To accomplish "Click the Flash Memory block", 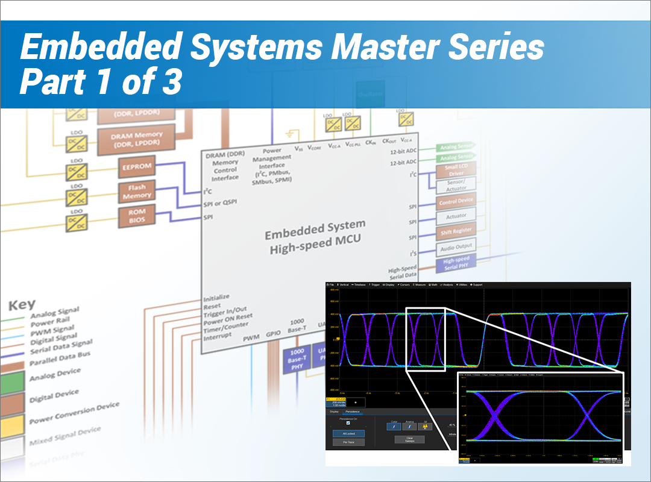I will (x=137, y=191).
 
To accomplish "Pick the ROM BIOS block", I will (x=137, y=216).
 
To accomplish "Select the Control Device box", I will (x=456, y=201).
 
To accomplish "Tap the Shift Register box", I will (x=456, y=230).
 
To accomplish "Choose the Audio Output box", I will (x=456, y=246).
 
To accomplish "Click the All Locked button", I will (x=348, y=433).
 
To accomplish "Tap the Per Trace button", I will (x=348, y=442).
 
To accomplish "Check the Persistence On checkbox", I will (x=348, y=422).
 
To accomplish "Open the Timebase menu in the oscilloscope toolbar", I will (x=359, y=284).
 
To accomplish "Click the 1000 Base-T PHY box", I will (x=297, y=360).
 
